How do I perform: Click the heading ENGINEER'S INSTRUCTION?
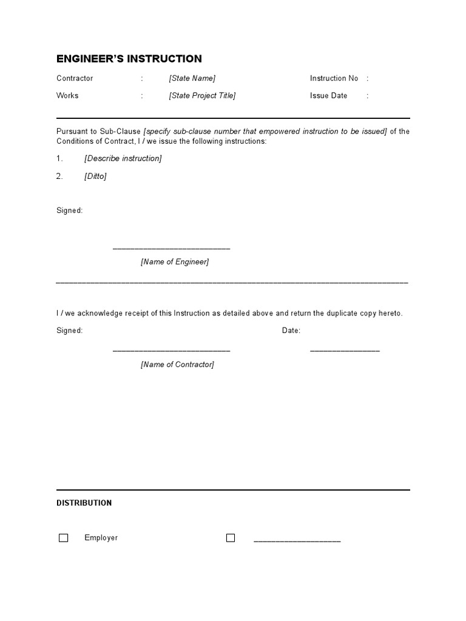point(129,59)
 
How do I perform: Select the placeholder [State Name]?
point(192,78)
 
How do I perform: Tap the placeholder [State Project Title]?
point(202,95)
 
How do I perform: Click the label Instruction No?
point(334,78)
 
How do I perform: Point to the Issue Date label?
point(328,95)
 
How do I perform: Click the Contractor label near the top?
point(75,78)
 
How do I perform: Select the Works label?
point(67,95)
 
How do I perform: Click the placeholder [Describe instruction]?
point(123,158)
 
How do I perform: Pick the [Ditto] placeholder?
point(95,176)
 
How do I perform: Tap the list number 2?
point(59,176)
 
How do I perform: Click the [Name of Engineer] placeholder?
point(175,262)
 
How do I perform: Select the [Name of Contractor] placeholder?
point(177,364)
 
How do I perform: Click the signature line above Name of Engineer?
point(171,249)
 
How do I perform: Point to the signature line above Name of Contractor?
point(171,351)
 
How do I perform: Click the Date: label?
point(291,331)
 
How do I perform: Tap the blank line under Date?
point(345,351)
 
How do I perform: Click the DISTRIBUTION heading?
point(84,503)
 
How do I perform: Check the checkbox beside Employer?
point(63,538)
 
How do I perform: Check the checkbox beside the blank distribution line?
point(231,538)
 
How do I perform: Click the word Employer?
point(101,538)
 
